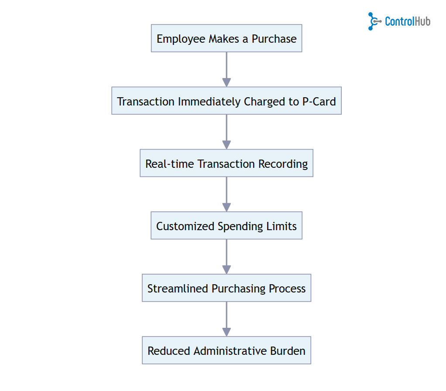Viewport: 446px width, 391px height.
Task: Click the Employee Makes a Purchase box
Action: pyautogui.click(x=226, y=38)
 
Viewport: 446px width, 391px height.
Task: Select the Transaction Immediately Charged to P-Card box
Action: pyautogui.click(x=226, y=101)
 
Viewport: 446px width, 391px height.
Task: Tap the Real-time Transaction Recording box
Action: pyautogui.click(x=226, y=163)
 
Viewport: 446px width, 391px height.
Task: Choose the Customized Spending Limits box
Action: pyautogui.click(x=226, y=225)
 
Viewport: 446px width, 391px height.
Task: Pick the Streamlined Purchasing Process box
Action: pyautogui.click(x=226, y=288)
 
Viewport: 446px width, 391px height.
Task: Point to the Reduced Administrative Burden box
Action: pyautogui.click(x=226, y=350)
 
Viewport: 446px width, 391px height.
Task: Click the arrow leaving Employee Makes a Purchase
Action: pyautogui.click(x=226, y=69)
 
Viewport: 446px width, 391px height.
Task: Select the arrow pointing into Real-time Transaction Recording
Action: pyautogui.click(x=226, y=132)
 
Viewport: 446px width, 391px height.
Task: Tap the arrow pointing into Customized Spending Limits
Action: pyautogui.click(x=226, y=194)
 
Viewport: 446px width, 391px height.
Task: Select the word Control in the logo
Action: pyautogui.click(x=399, y=21)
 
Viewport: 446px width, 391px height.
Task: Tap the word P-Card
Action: pyautogui.click(x=319, y=102)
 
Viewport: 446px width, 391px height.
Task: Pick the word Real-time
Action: pyautogui.click(x=170, y=164)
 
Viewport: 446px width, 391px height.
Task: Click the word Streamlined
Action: pyautogui.click(x=178, y=289)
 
